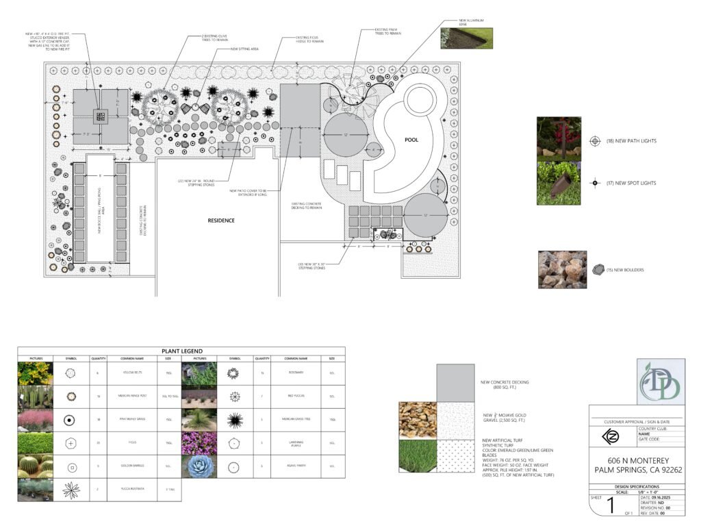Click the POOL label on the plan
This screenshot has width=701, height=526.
click(411, 140)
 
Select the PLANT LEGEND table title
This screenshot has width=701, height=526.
click(181, 351)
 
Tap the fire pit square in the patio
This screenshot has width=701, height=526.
click(99, 116)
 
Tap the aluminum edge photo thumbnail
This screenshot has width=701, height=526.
click(466, 38)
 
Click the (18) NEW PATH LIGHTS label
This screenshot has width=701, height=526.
click(630, 141)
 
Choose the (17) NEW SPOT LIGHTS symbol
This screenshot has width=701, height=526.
click(594, 183)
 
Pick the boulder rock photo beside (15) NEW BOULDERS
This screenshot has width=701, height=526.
click(562, 269)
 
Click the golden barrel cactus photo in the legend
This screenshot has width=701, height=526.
click(36, 466)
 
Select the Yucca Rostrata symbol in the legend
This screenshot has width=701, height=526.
click(71, 490)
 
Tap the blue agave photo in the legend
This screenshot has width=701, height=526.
click(199, 466)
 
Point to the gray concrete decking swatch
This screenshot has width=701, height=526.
click(455, 382)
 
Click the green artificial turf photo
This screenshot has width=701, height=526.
click(418, 455)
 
